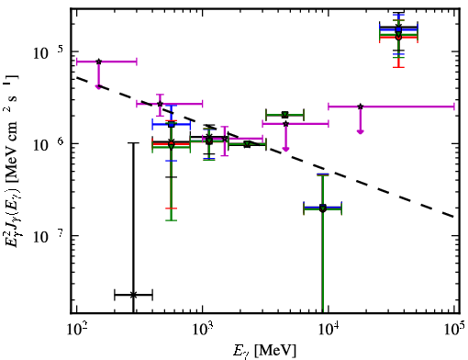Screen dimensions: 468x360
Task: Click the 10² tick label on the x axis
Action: pyautogui.click(x=76, y=330)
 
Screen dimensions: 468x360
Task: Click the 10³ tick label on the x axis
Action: pyautogui.click(x=203, y=330)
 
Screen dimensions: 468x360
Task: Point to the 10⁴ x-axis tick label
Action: pyautogui.click(x=329, y=330)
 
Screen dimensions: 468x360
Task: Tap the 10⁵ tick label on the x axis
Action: pyautogui.click(x=454, y=330)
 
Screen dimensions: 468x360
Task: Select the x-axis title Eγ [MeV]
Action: pyautogui.click(x=265, y=351)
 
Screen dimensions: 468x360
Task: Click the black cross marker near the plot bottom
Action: pyautogui.click(x=133, y=295)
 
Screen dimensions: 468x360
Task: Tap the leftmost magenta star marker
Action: pyautogui.click(x=98, y=62)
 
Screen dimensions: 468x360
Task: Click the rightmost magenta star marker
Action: pyautogui.click(x=361, y=107)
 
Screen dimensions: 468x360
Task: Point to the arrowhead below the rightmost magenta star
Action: pyautogui.click(x=361, y=131)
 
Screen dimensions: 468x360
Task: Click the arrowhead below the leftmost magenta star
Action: pyautogui.click(x=98, y=87)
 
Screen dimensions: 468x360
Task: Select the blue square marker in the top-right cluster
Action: pyautogui.click(x=398, y=29)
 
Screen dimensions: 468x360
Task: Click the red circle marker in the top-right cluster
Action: pyautogui.click(x=398, y=37)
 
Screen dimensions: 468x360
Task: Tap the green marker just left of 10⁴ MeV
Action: pyautogui.click(x=322, y=208)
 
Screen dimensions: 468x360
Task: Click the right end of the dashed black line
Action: pyautogui.click(x=454, y=217)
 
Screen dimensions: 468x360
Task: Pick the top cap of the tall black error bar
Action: pyautogui.click(x=133, y=143)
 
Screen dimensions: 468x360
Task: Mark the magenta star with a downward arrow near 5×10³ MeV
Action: pyautogui.click(x=285, y=124)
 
